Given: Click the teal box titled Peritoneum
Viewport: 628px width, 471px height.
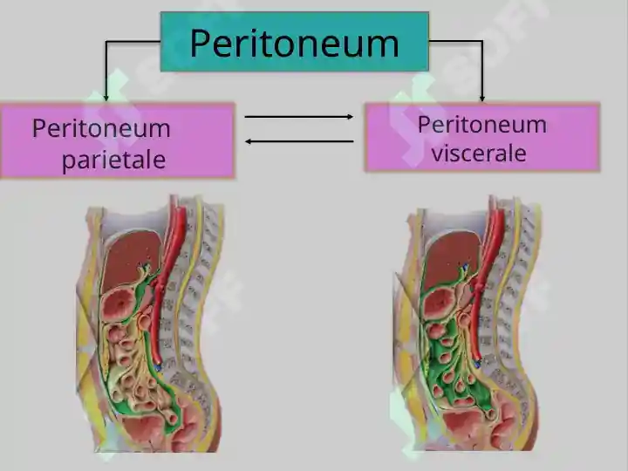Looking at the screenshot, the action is (x=295, y=42).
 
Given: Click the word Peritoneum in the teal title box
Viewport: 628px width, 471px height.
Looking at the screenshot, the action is (x=295, y=44).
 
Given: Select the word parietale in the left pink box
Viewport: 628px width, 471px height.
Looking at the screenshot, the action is (x=113, y=160).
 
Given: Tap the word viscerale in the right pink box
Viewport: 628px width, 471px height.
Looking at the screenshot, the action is (x=479, y=153).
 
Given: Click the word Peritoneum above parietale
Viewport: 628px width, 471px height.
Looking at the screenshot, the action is (x=101, y=128).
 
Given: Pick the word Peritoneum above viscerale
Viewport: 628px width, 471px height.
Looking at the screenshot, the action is (x=482, y=124).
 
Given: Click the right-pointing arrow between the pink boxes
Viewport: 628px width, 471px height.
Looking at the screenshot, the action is (x=299, y=117).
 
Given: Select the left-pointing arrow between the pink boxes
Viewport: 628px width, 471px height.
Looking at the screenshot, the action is (x=299, y=141).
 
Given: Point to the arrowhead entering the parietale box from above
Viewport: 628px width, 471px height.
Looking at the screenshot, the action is (x=106, y=98).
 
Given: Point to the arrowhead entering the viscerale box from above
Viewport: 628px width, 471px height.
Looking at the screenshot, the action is (x=482, y=98).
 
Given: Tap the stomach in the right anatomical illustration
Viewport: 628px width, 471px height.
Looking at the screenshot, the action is (x=440, y=304).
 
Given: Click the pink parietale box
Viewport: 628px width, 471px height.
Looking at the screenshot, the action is (x=118, y=140).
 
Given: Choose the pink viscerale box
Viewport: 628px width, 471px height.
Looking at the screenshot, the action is (x=482, y=138).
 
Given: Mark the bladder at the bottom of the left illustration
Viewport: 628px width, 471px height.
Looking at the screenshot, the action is (x=141, y=429).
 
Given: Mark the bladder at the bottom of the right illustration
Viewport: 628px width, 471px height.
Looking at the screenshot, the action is (x=462, y=426).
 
